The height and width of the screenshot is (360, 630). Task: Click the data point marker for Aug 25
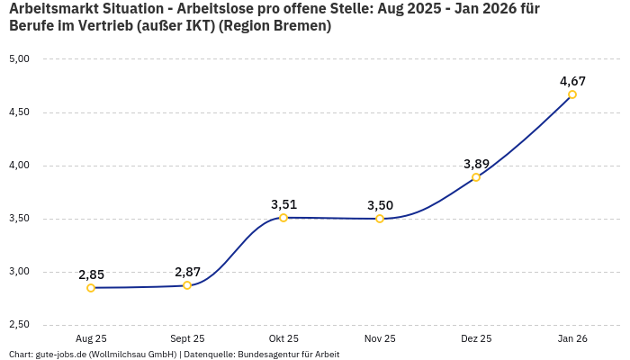(x=91, y=288)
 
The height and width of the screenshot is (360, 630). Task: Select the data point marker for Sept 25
(x=187, y=285)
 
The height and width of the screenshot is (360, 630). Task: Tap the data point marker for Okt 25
(x=283, y=218)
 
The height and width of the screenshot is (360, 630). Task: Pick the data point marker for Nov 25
(x=380, y=219)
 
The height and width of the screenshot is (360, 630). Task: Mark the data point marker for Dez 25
(x=476, y=177)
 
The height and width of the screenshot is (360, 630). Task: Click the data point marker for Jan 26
(x=572, y=94)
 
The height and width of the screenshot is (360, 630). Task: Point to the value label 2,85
(x=91, y=274)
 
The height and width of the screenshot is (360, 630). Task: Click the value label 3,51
(x=283, y=204)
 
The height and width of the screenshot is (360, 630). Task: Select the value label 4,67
(x=572, y=81)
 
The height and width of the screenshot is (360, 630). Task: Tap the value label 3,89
(x=476, y=164)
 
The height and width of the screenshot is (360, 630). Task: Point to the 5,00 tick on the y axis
(x=19, y=59)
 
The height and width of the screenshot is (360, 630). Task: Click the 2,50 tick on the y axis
(x=19, y=325)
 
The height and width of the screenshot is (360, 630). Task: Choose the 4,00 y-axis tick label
(x=19, y=166)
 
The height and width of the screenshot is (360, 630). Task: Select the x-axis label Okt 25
(x=283, y=338)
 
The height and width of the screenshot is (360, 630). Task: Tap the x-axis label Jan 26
(x=572, y=338)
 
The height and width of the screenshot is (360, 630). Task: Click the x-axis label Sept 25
(x=187, y=338)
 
